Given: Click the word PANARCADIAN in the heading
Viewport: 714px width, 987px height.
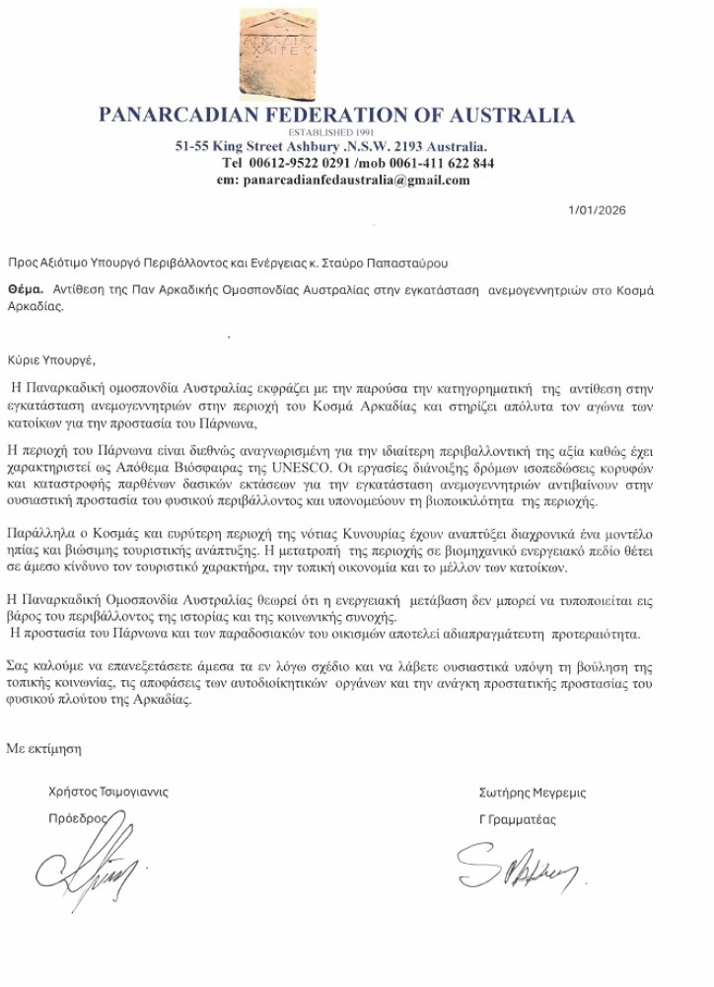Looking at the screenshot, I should tap(188, 115).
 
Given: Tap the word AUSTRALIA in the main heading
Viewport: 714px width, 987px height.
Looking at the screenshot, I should tap(513, 115).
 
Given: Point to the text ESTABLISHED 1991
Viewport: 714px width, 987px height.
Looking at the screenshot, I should tap(336, 132).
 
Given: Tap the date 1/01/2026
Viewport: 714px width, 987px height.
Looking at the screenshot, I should tap(597, 210).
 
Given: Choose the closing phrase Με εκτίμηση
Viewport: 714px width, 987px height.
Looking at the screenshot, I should tap(44, 748).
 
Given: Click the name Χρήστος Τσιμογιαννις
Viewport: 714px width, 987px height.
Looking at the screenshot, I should tap(108, 792).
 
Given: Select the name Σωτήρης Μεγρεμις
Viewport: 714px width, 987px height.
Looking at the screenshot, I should tap(532, 793).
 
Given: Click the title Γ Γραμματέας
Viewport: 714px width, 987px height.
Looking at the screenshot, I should tap(518, 819).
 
